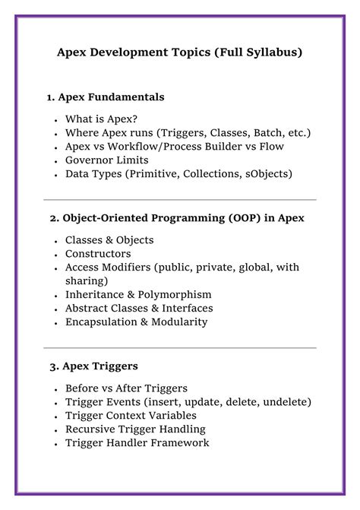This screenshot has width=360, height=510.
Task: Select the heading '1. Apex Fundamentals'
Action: pos(106,97)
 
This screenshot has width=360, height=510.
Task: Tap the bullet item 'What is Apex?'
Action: pos(102,119)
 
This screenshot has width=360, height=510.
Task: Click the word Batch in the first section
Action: pos(264,132)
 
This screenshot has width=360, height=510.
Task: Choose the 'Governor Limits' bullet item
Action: pos(106,160)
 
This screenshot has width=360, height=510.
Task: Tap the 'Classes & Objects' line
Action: pos(109,239)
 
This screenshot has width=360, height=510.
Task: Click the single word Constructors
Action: pos(98,253)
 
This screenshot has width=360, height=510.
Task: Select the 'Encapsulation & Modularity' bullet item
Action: pos(136,322)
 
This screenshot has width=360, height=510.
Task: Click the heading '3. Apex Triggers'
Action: pos(94,366)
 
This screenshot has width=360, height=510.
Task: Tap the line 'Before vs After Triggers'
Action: pos(126,388)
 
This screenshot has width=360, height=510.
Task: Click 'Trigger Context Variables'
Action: pos(131,415)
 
